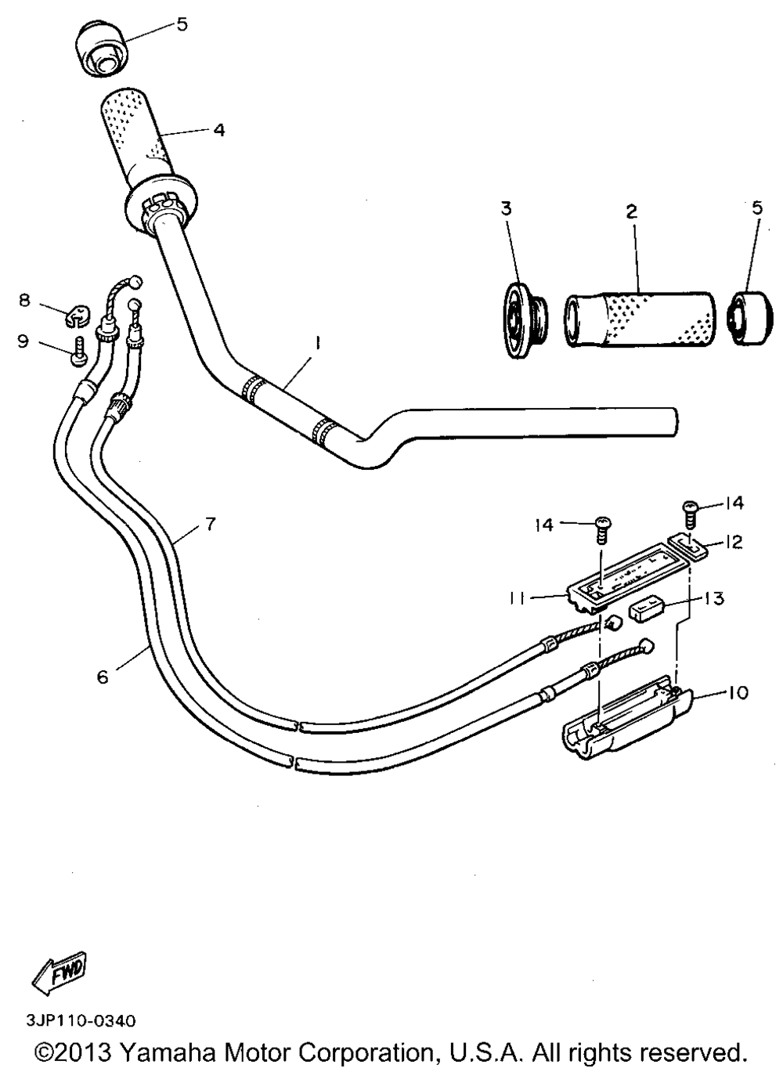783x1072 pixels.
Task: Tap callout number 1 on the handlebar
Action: [x=318, y=344]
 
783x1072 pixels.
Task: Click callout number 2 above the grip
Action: [x=632, y=211]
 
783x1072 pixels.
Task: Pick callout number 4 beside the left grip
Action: [x=218, y=129]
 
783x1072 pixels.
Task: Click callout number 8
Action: [x=25, y=300]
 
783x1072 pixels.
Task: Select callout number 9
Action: [x=23, y=341]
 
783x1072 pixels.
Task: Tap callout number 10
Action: [x=738, y=706]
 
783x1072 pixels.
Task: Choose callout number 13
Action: [x=715, y=598]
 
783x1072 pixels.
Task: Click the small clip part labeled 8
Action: [x=77, y=315]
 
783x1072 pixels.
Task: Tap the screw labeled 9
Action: [x=78, y=351]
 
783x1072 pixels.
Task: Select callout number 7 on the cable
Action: [x=210, y=524]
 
